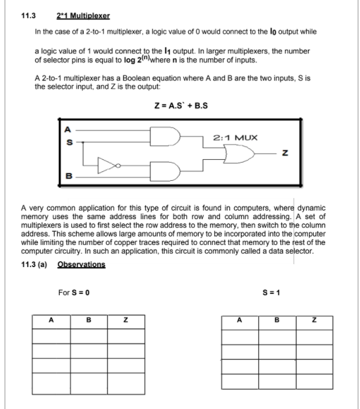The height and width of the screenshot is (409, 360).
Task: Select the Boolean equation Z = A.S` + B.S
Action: [181, 107]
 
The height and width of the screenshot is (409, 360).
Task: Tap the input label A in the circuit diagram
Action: [67, 128]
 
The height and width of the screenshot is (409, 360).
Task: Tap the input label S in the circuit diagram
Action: [67, 142]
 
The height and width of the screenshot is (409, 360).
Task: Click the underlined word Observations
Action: [81, 264]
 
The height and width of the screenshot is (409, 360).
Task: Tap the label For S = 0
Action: [74, 293]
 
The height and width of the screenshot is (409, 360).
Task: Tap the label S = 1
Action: [271, 293]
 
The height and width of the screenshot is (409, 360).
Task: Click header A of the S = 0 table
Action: [51, 320]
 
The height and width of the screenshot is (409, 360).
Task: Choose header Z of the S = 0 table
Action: [125, 320]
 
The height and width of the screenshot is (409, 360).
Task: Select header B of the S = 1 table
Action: [277, 320]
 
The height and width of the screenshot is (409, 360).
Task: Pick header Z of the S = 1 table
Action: [314, 320]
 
